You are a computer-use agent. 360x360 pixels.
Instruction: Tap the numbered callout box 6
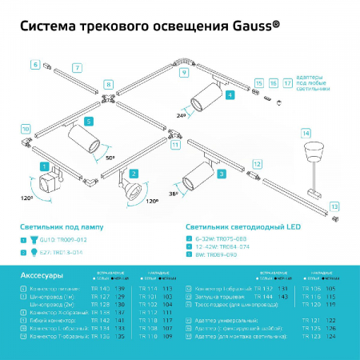(x=36, y=62)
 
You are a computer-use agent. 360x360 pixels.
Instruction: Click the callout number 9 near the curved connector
(x=184, y=73)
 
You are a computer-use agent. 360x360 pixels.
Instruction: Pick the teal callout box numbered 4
(x=230, y=94)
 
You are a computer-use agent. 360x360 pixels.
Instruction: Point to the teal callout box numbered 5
(x=89, y=121)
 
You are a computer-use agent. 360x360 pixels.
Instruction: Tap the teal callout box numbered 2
(x=134, y=174)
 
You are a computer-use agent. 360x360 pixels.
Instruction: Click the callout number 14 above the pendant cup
(x=304, y=132)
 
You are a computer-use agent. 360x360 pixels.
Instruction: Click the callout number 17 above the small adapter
(x=287, y=82)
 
